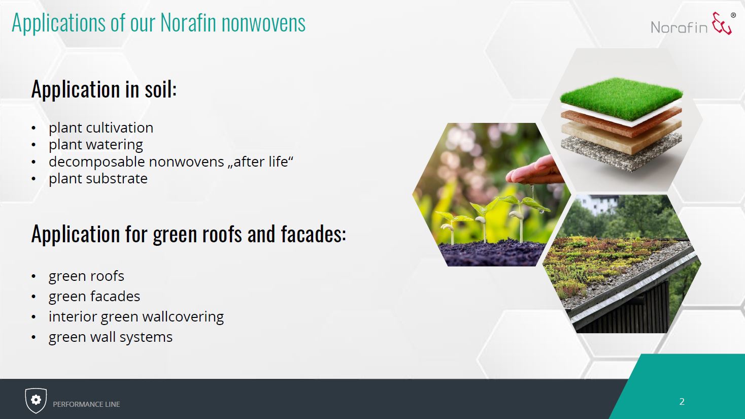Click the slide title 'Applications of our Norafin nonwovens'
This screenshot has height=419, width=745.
[x=159, y=23]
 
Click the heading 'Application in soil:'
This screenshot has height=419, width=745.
[x=104, y=89]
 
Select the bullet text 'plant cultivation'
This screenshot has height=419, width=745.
[x=101, y=128]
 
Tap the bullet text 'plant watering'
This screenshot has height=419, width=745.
[x=96, y=145]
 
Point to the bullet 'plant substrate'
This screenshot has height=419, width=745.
[x=98, y=179]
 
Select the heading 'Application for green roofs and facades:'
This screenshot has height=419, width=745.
[x=189, y=234]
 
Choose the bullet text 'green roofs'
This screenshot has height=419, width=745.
[x=86, y=276]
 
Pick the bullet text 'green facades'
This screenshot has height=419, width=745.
[x=94, y=296]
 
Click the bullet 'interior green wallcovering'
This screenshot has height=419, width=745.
[x=137, y=316]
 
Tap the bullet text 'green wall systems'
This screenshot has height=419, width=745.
[x=111, y=337]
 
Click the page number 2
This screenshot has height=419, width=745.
[x=682, y=402]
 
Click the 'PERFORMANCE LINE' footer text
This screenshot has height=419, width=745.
[x=86, y=404]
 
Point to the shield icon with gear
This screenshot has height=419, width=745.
[x=36, y=400]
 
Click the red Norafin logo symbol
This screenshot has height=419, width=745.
[x=722, y=23]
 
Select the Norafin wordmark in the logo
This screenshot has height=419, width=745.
[x=679, y=27]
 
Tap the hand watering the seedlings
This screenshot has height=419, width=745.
[x=535, y=171]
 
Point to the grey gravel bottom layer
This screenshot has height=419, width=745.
[x=621, y=151]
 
